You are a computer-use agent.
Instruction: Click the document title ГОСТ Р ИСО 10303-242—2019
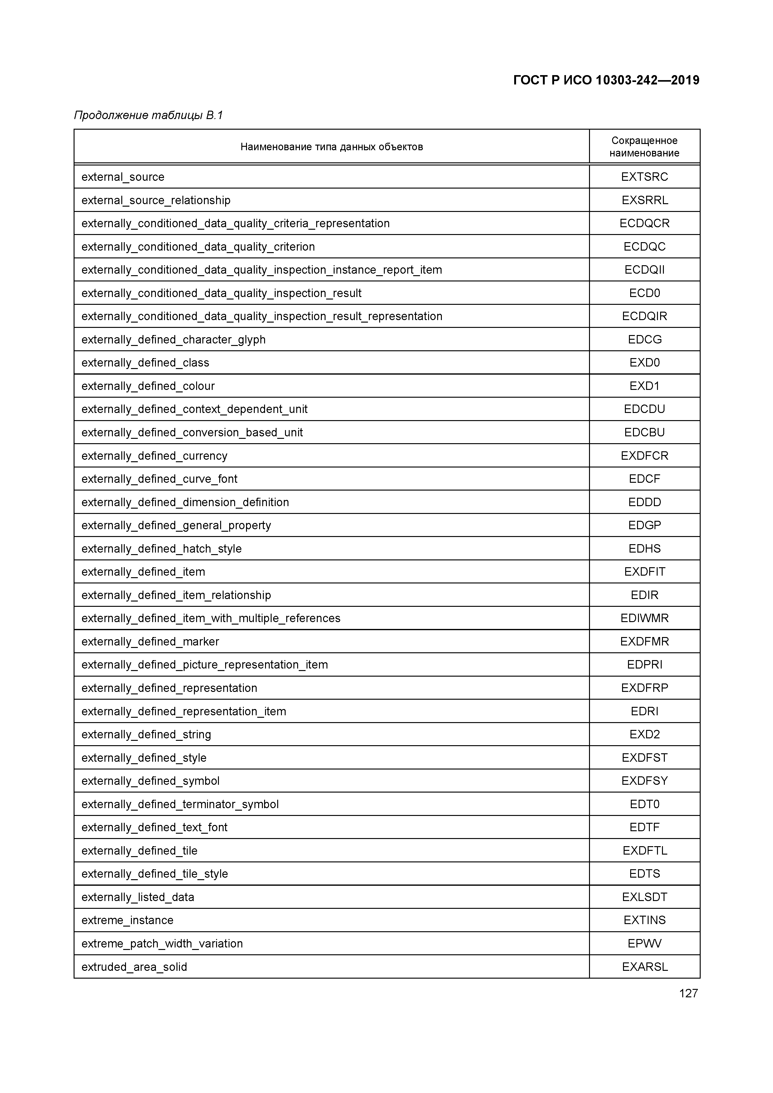click(x=606, y=80)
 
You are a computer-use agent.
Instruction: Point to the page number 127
click(x=688, y=993)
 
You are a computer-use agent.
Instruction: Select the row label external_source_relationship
click(x=156, y=200)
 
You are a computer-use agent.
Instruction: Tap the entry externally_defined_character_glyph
click(x=173, y=339)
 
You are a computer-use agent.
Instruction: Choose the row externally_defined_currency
click(x=154, y=456)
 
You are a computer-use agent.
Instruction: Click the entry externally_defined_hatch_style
click(x=162, y=549)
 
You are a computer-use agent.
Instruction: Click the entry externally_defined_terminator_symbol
click(x=180, y=804)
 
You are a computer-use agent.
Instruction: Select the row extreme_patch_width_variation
click(x=162, y=943)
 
